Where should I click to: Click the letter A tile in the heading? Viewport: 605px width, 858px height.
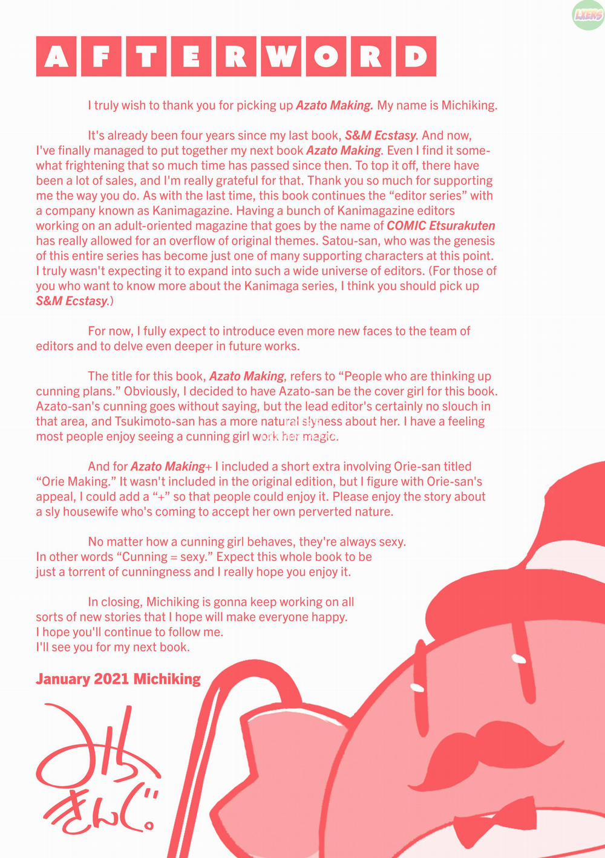[x=56, y=56]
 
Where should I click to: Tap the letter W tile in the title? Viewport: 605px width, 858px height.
[x=281, y=56]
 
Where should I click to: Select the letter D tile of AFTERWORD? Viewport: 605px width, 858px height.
[x=416, y=56]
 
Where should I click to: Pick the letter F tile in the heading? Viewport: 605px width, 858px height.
[x=101, y=56]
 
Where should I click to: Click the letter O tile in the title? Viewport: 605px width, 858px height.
[x=325, y=56]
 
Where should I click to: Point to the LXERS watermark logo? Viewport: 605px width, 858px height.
[x=587, y=15]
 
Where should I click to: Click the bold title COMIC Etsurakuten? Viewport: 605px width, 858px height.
[x=440, y=226]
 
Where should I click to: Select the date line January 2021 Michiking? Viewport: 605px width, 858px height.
[x=118, y=679]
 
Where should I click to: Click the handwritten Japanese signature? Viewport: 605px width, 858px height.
[x=97, y=768]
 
